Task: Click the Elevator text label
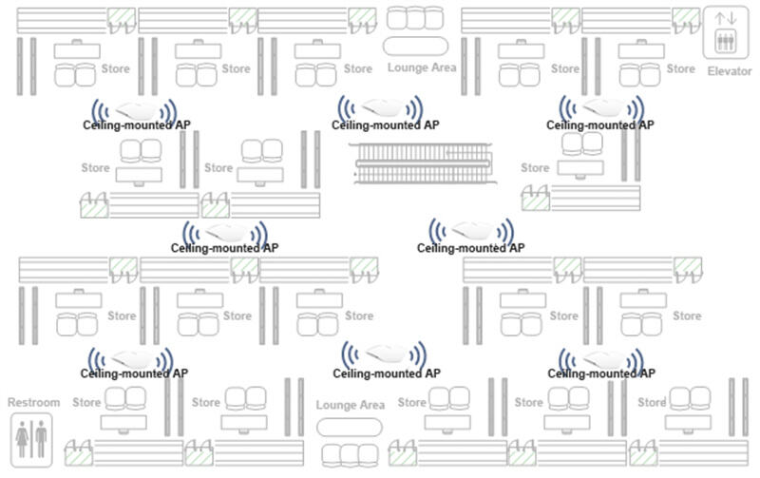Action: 729,71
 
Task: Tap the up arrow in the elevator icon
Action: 721,19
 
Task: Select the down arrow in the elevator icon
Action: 733,19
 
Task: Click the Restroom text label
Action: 33,403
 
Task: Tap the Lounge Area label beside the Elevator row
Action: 422,67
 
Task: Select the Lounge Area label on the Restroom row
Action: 351,405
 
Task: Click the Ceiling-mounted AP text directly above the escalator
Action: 386,124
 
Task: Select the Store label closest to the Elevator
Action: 680,68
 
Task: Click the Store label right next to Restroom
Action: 87,402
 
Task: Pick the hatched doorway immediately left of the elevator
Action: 685,17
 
